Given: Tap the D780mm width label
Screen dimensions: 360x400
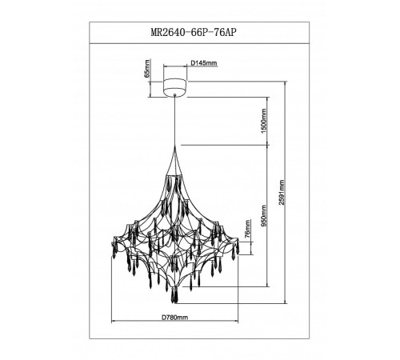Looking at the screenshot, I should (171, 318).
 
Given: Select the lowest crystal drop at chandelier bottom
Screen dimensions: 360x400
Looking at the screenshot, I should (174, 297).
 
